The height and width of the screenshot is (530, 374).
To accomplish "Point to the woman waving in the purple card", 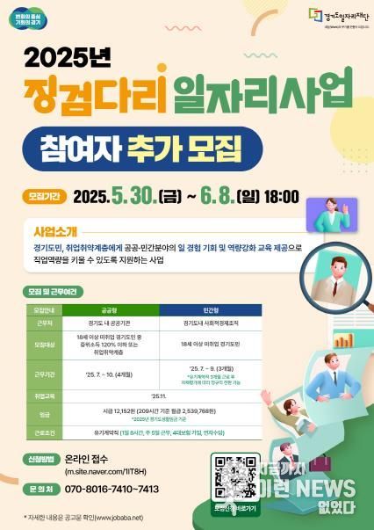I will (349, 207).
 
